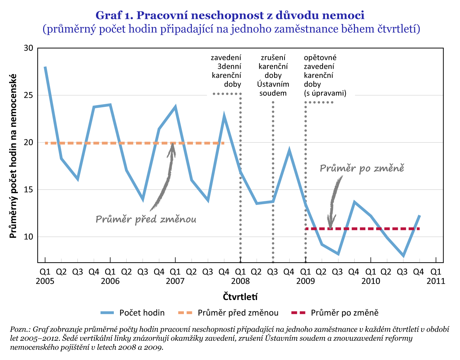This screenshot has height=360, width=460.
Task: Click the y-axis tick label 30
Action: [29, 48]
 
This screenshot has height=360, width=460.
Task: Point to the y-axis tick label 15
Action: [29, 190]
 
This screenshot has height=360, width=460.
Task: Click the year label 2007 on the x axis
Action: [175, 281]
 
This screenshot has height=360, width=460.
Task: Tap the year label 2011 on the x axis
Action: [436, 281]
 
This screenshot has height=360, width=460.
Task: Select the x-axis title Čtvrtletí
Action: [240, 297]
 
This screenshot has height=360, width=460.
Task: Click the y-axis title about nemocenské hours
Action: [13, 156]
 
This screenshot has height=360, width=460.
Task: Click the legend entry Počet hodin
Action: [142, 313]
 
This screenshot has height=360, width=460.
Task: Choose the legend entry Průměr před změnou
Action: [238, 313]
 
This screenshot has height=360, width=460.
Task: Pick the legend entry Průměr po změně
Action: [344, 313]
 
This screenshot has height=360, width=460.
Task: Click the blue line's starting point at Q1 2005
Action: [45, 67]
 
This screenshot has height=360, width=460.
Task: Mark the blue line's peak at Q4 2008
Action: [289, 150]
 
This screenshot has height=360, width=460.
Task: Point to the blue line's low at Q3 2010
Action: [403, 256]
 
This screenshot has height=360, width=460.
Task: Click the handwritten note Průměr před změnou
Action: [146, 219]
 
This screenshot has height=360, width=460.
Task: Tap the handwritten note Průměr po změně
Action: [362, 168]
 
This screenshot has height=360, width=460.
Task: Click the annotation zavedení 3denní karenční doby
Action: [226, 71]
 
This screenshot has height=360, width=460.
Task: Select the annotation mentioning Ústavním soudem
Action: [273, 75]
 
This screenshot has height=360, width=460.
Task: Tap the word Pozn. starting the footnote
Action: [20, 329]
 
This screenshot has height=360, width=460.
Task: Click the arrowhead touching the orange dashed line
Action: [173, 146]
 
